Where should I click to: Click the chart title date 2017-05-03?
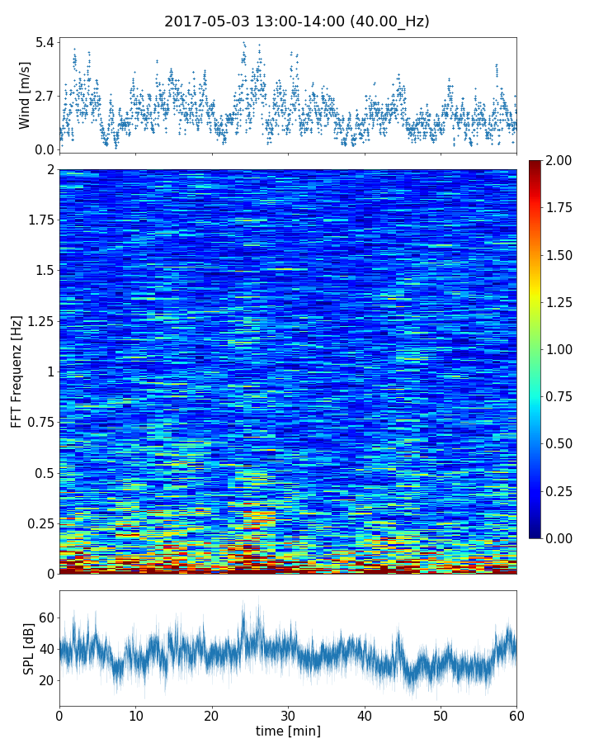click(205, 21)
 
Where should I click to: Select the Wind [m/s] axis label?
click(25, 95)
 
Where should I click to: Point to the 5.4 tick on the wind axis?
click(44, 41)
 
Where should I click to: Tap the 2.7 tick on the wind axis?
click(44, 96)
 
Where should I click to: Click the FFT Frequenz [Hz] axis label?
click(16, 371)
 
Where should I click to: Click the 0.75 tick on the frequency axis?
click(39, 423)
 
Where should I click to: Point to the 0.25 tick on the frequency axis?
click(39, 523)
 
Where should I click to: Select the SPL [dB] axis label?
click(29, 649)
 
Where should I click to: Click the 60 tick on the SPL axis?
click(46, 618)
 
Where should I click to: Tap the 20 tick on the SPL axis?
click(46, 680)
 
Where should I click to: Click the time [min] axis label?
click(288, 731)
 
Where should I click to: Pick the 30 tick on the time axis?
click(288, 714)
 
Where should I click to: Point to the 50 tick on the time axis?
click(441, 714)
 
